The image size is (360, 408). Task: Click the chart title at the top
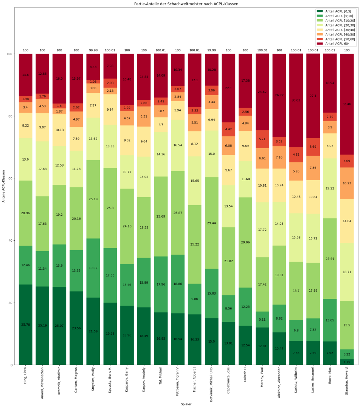pos(186,4)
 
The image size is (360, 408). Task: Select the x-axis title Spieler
pos(186,404)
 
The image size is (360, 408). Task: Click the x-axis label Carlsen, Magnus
pos(76,383)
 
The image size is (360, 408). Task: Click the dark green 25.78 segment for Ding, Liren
pos(26,325)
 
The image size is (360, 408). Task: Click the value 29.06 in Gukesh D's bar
pos(245,242)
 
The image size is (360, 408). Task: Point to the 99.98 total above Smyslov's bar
pos(93,50)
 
